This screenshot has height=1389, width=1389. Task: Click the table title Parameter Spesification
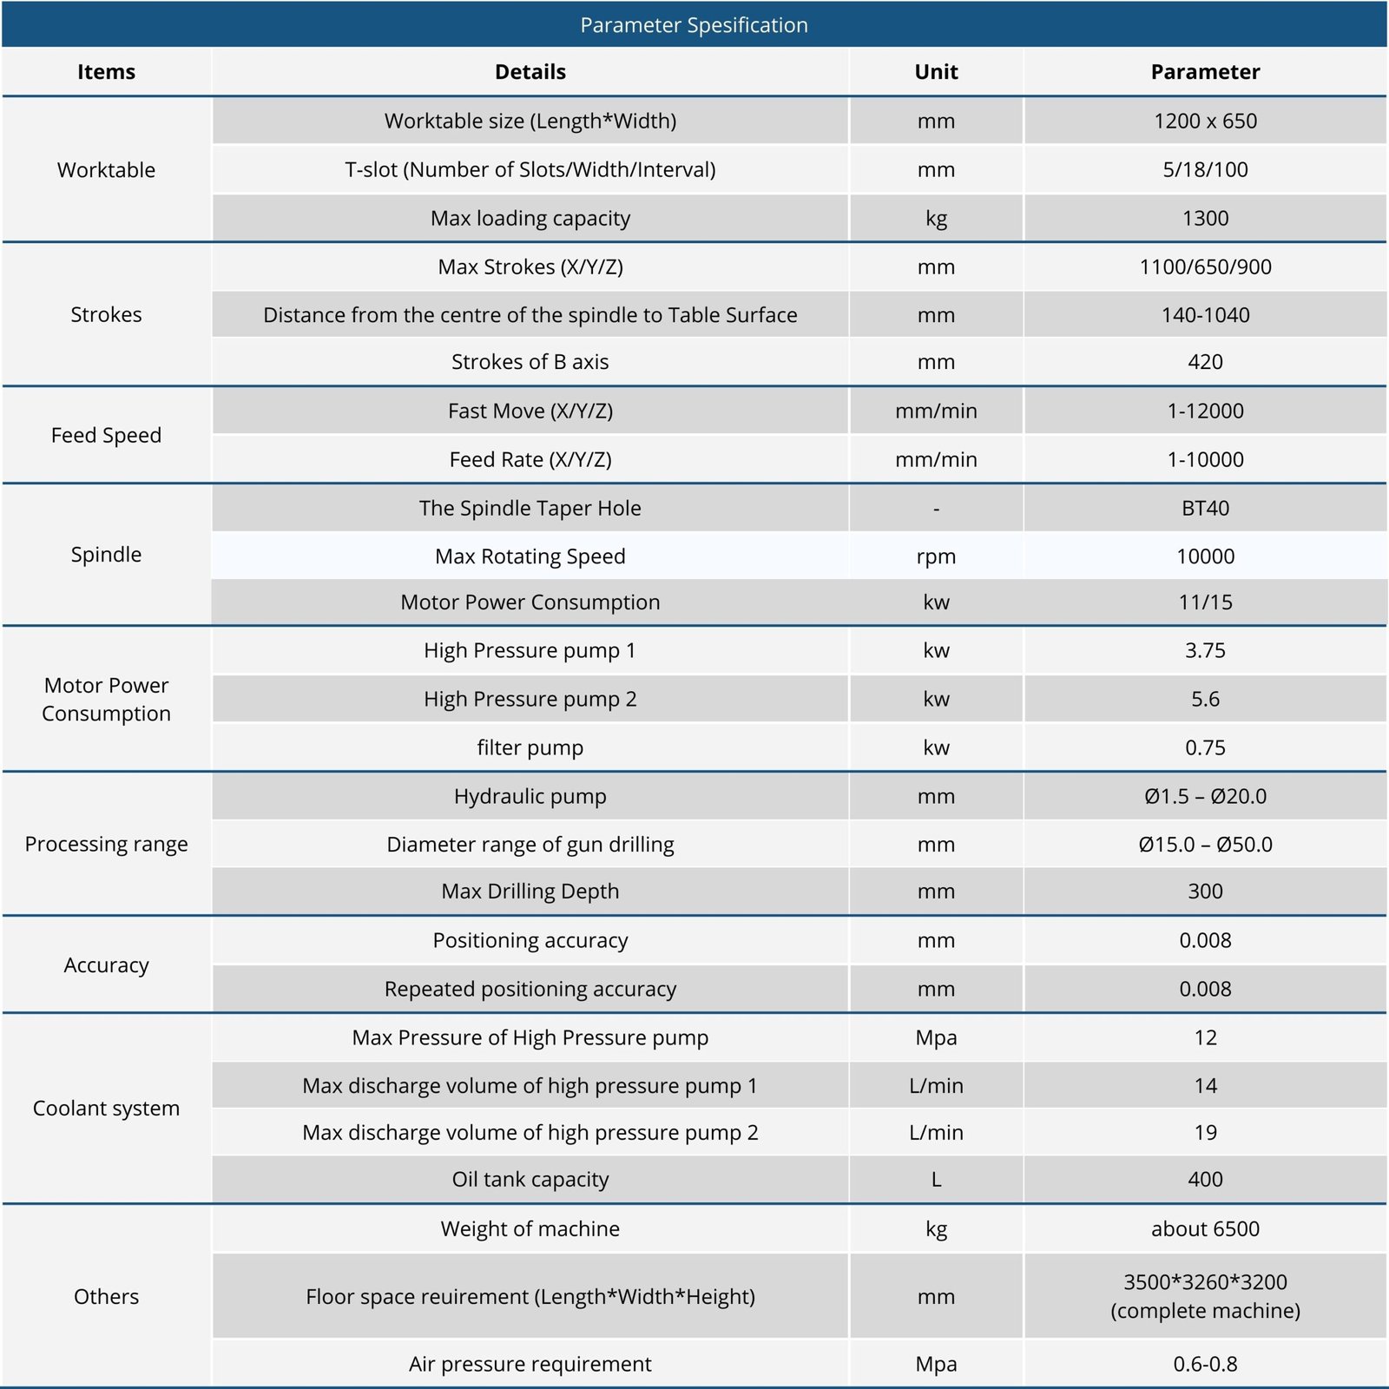coord(694,25)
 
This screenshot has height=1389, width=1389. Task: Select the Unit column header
coord(936,72)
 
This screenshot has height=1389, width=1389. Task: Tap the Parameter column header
coord(1205,72)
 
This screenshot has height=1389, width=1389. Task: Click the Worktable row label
coord(106,170)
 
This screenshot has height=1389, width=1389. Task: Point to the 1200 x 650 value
coord(1205,121)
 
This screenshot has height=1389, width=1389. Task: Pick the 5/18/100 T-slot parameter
coord(1205,169)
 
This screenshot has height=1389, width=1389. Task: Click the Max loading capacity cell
coord(530,218)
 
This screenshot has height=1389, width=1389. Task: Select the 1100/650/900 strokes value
coord(1205,267)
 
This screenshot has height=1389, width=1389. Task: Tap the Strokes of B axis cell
coord(530,362)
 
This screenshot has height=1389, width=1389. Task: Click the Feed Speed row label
coord(106,435)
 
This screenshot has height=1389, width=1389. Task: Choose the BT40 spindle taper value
coord(1205,508)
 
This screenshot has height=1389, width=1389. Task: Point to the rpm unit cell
coord(936,556)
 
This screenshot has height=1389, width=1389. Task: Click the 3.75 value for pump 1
coord(1205,650)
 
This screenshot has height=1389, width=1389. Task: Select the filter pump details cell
coord(530,747)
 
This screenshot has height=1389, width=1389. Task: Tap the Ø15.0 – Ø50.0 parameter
coord(1205,845)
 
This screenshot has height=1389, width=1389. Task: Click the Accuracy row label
coord(106,965)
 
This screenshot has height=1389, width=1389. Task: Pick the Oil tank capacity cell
coord(530,1179)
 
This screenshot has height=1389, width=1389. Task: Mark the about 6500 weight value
coord(1205,1228)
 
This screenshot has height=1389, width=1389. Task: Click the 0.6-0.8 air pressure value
coord(1205,1364)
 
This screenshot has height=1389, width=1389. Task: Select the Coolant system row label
coord(106,1109)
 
